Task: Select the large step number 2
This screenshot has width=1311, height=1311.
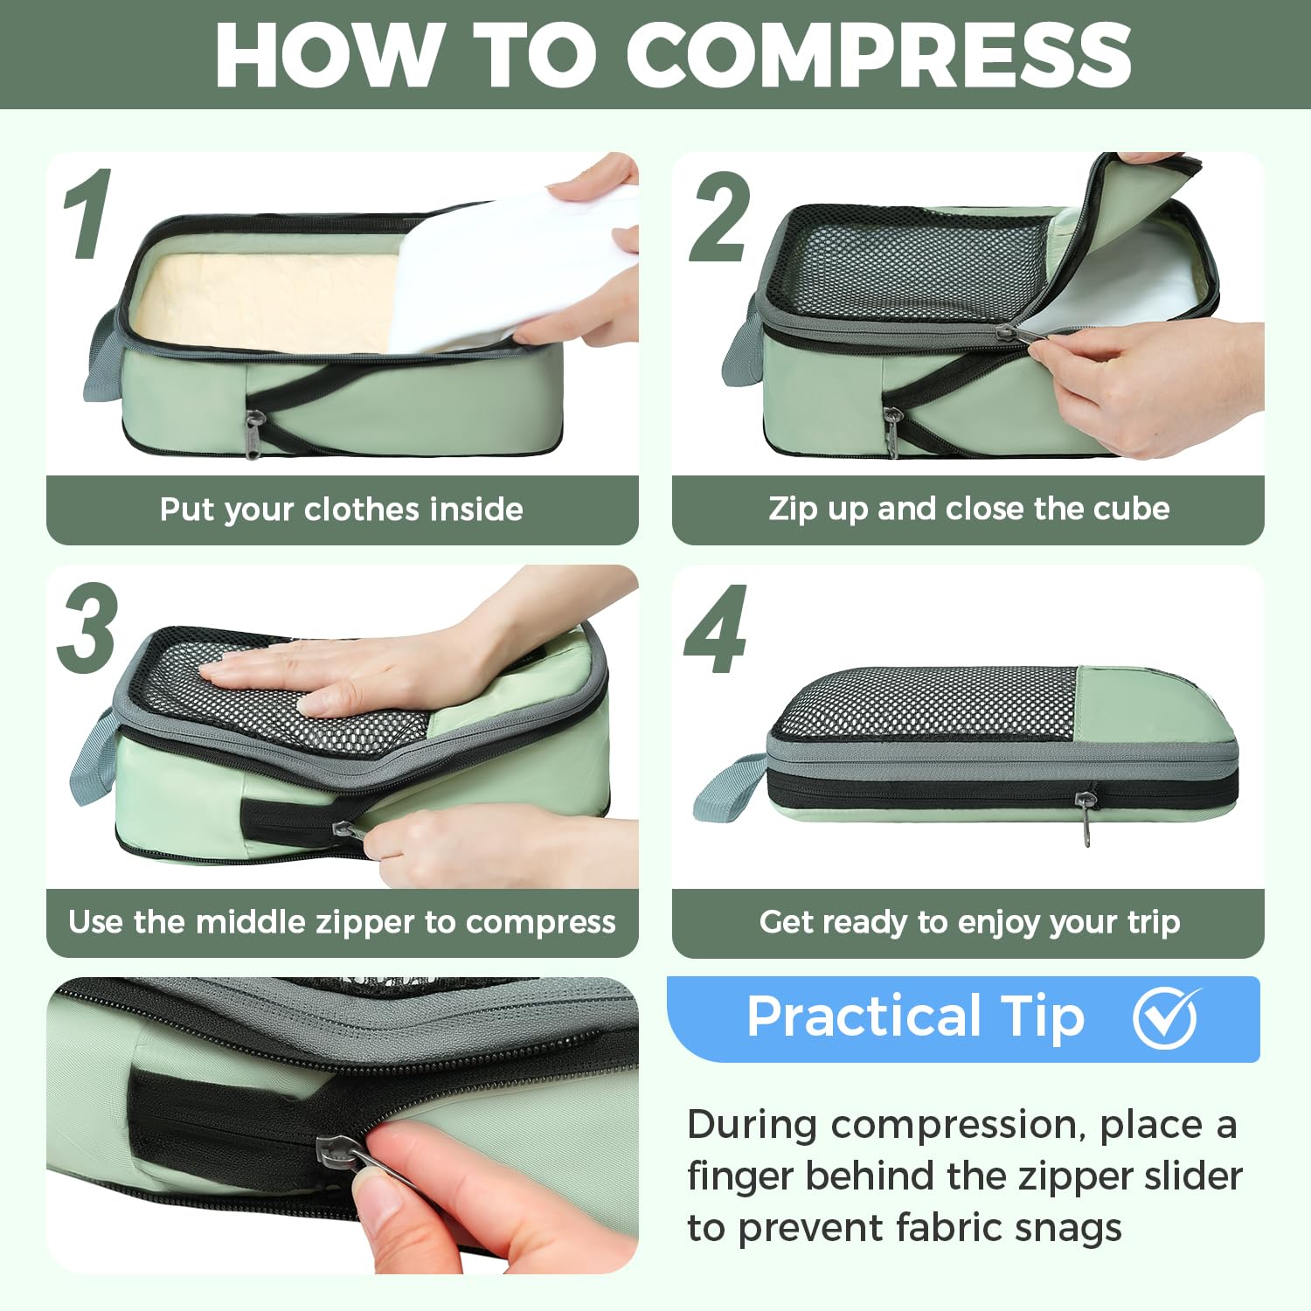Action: (718, 217)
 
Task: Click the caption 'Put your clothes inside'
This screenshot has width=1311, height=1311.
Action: (341, 509)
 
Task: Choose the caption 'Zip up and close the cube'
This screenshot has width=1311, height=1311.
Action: (968, 508)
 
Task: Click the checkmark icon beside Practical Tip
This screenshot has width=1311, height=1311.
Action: (1165, 1017)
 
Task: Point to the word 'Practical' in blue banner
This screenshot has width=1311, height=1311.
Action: (864, 1016)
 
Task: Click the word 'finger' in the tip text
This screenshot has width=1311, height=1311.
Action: (739, 1176)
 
